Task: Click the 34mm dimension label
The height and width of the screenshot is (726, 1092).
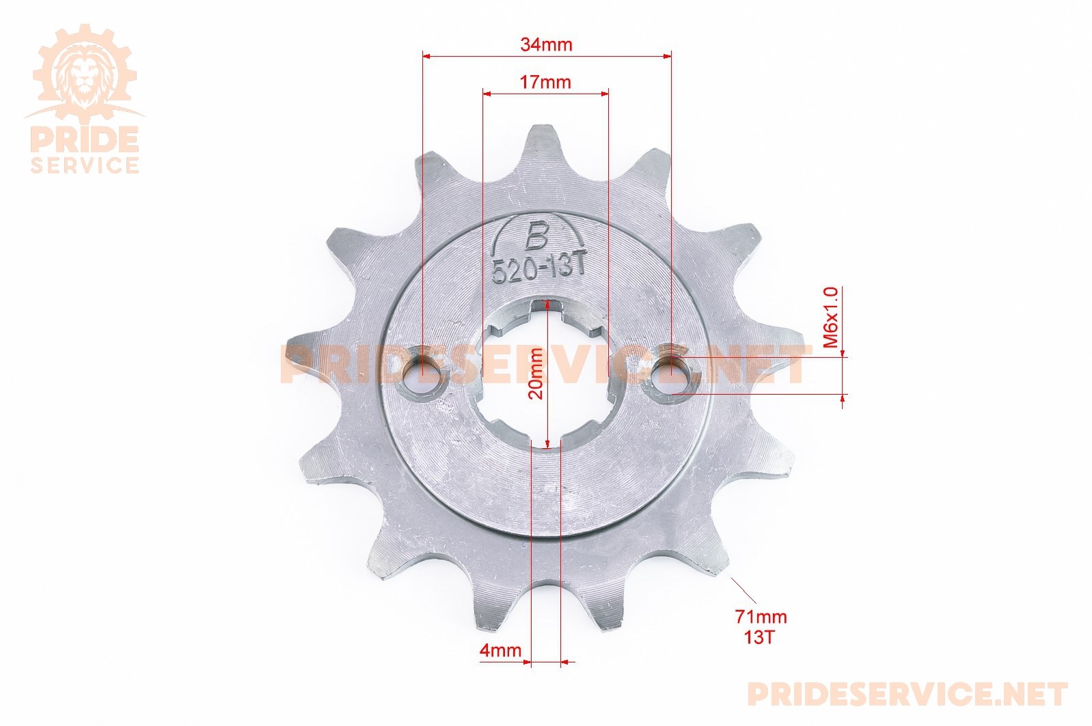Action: [x=546, y=45]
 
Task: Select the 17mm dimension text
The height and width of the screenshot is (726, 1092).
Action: [x=545, y=82]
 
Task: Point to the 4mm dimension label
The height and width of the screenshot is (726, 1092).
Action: [x=501, y=650]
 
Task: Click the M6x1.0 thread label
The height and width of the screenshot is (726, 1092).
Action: [x=830, y=317]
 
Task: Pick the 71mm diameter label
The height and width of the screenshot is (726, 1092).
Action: [x=761, y=617]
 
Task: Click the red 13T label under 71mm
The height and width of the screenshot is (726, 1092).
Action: [x=759, y=637]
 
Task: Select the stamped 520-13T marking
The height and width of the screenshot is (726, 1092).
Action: [x=538, y=270]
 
